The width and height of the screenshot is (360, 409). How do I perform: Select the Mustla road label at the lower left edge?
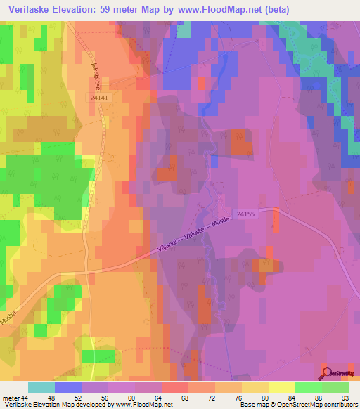tap(8, 319)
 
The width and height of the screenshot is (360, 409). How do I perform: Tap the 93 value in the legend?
tap(344, 399)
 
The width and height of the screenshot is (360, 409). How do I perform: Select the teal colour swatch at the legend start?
tap(41, 387)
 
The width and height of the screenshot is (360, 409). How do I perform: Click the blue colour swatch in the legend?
tap(68, 387)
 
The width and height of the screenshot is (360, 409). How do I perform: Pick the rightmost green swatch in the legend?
tap(335, 387)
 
